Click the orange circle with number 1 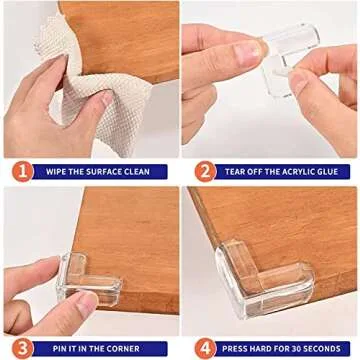tap(21, 171)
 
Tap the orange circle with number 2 tap(203, 171)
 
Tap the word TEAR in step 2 tap(236, 171)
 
